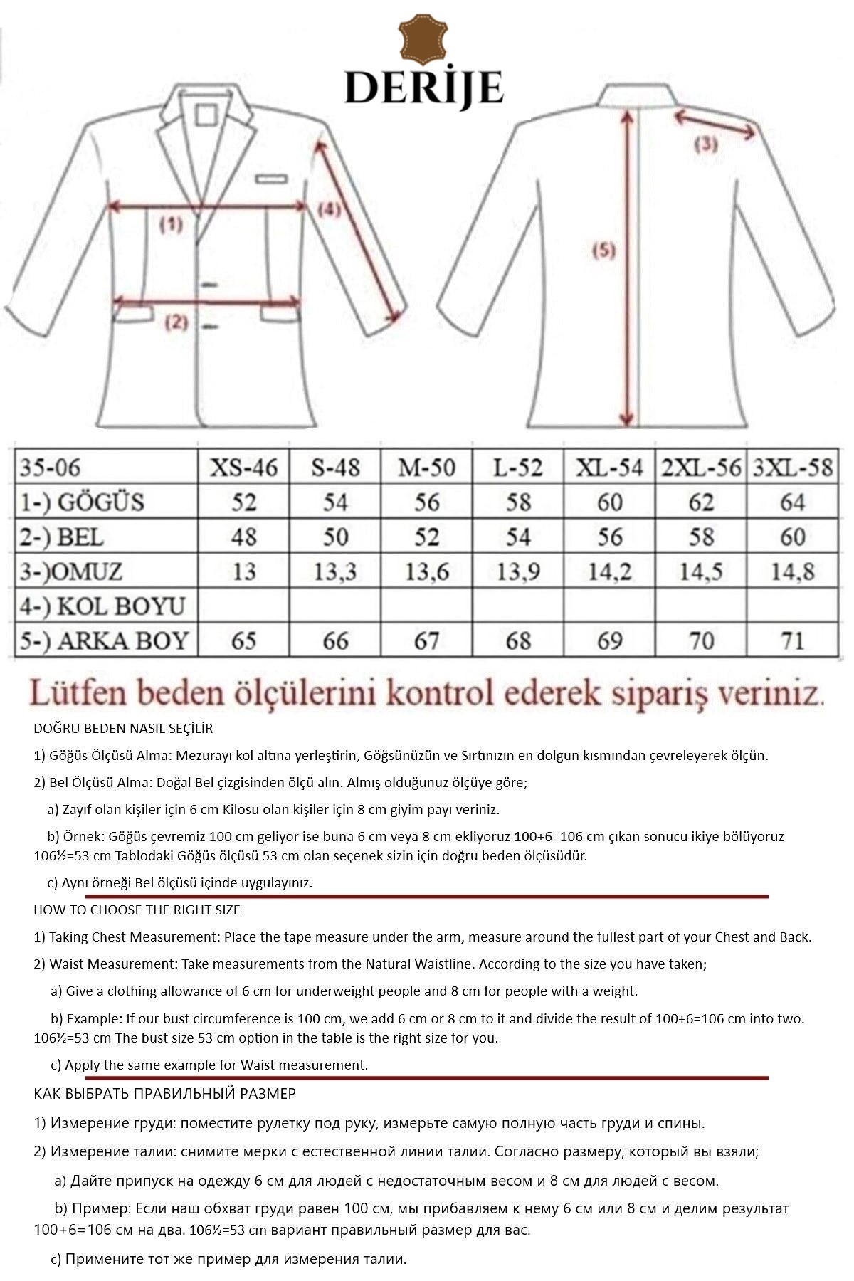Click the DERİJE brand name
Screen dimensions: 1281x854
coord(424,88)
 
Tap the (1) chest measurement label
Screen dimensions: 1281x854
coord(171,225)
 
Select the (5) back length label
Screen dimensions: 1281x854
coord(603,251)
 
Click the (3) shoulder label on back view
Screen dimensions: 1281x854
coord(705,144)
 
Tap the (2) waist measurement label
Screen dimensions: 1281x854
coord(176,322)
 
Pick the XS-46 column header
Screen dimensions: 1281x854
coord(243,468)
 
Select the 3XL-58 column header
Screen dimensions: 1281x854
coord(792,468)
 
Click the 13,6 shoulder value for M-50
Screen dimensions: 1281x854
coord(427,571)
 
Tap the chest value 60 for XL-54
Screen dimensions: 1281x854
coord(610,502)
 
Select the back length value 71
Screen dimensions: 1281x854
coord(792,640)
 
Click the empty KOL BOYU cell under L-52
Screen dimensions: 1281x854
coord(518,606)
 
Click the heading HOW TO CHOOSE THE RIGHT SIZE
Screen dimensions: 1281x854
coord(137,910)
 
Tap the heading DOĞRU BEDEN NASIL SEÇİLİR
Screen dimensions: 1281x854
coord(123,729)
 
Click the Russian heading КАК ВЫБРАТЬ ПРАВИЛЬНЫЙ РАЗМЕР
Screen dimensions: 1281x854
coord(164,1093)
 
